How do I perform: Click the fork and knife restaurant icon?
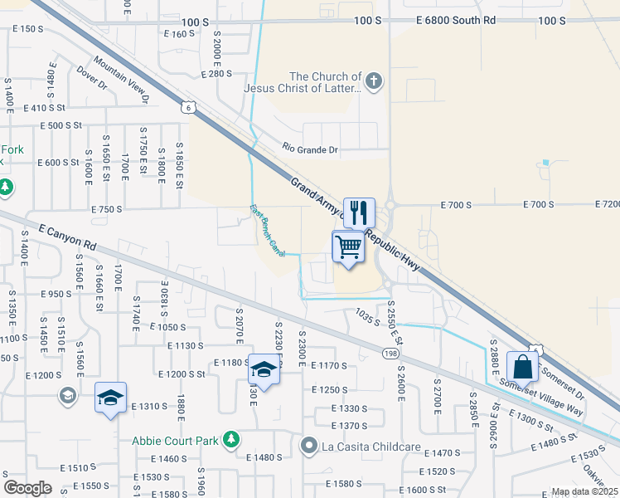click(359, 212)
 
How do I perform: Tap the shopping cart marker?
click(349, 247)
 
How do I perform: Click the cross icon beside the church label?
click(374, 81)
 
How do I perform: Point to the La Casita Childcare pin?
click(309, 447)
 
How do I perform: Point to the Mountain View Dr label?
click(121, 80)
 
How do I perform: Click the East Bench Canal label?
click(268, 230)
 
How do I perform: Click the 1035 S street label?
click(366, 316)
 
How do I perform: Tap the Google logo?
click(27, 487)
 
